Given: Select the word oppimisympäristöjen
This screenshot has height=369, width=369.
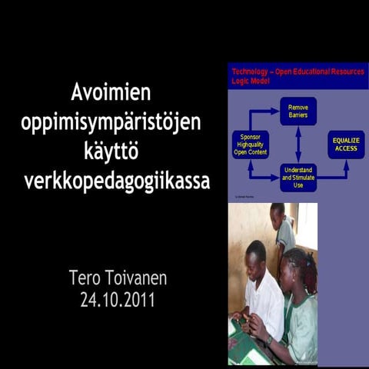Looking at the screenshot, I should [111, 122].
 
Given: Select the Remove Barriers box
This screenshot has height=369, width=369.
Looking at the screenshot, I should [298, 111].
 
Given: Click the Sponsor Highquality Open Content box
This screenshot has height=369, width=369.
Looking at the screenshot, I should [250, 145].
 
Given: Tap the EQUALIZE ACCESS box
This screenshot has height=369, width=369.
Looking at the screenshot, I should [346, 144].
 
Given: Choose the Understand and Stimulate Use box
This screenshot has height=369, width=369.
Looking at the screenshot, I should [298, 178].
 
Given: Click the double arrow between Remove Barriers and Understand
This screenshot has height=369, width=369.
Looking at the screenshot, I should [298, 144].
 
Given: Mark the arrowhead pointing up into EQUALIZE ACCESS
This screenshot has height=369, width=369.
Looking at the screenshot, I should [346, 162].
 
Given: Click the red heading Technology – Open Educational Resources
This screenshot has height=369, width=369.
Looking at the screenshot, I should [298, 71].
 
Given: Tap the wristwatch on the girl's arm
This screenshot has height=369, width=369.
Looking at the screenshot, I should [268, 340].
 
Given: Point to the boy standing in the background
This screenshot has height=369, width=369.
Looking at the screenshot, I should [282, 227].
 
